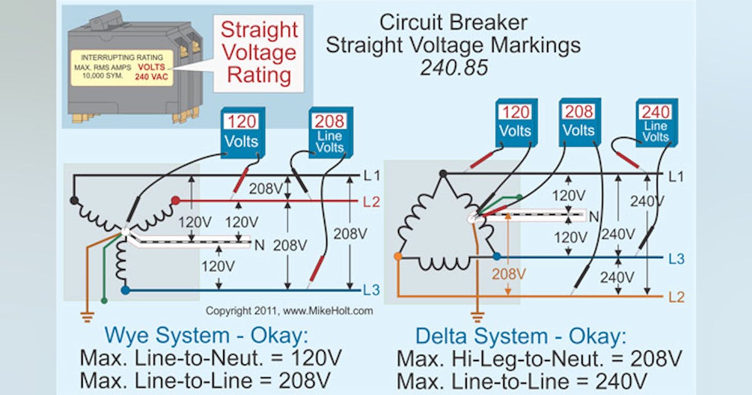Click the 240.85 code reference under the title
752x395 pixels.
click(x=453, y=68)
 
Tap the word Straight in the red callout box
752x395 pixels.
click(x=259, y=29)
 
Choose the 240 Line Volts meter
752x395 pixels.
click(x=655, y=122)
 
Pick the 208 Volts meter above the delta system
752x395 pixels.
click(x=578, y=122)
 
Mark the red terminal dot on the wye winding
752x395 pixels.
click(x=176, y=201)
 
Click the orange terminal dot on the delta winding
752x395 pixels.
click(x=397, y=256)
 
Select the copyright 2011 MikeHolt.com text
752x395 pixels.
click(x=289, y=310)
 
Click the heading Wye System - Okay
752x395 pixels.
click(x=206, y=336)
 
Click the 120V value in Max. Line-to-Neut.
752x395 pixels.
click(x=313, y=358)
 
